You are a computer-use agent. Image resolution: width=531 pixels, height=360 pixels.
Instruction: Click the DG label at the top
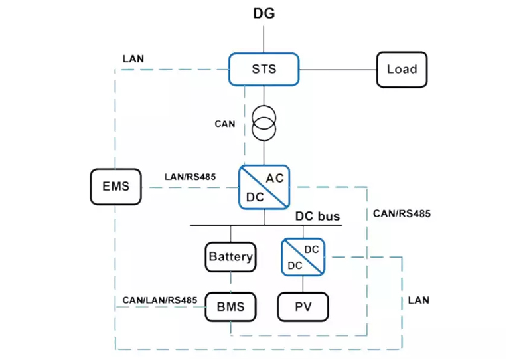(x=264, y=13)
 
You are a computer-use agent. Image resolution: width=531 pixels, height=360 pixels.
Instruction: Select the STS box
(x=264, y=68)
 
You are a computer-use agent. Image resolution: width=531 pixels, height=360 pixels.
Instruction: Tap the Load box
(x=402, y=69)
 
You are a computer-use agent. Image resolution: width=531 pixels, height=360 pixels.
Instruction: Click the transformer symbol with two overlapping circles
(x=264, y=122)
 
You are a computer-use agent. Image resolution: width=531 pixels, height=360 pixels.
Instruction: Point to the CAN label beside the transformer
(x=225, y=124)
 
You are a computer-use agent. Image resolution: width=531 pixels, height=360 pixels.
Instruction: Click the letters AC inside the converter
(x=275, y=178)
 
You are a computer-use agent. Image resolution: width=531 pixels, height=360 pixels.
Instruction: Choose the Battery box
(x=230, y=256)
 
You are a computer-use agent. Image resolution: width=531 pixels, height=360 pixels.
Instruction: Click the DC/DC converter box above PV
(x=303, y=256)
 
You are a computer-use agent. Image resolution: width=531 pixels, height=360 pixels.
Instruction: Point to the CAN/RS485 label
(x=402, y=214)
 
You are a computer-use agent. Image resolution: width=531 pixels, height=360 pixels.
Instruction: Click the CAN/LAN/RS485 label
(x=159, y=300)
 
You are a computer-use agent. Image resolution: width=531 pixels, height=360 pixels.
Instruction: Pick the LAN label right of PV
(x=418, y=300)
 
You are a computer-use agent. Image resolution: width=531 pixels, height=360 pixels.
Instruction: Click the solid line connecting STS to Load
(x=337, y=69)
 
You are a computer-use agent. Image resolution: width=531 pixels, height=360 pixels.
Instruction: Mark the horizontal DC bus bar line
(x=265, y=226)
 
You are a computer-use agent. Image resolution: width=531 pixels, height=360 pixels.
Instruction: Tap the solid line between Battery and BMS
(x=230, y=282)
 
